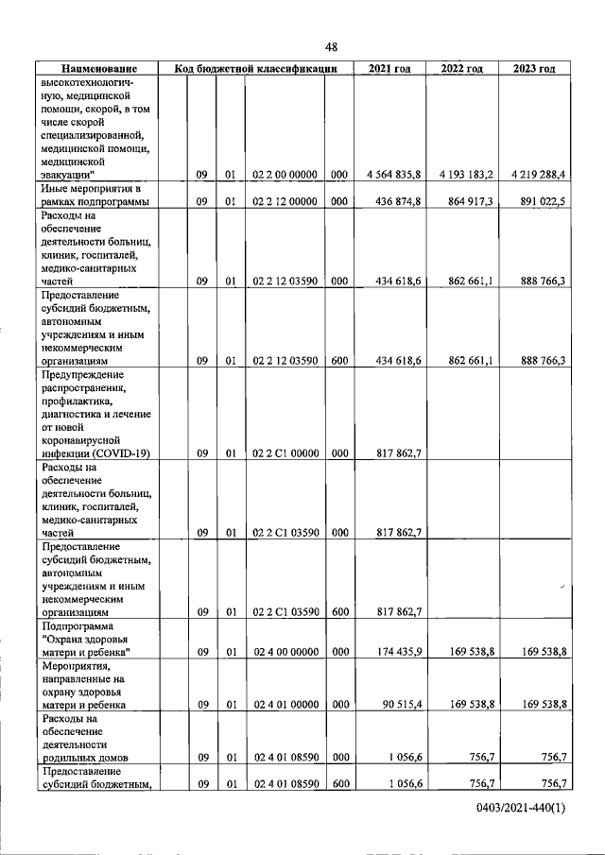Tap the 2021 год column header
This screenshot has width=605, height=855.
point(390,68)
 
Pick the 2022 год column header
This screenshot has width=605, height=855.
point(463,68)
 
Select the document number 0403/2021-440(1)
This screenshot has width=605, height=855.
point(522,810)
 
